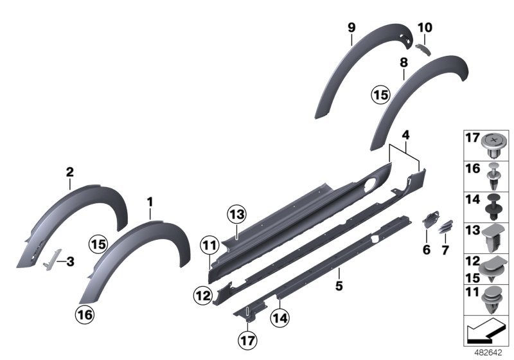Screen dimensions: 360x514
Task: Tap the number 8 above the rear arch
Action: click(403, 62)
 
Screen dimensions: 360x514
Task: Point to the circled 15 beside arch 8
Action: click(380, 94)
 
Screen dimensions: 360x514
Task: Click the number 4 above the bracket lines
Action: click(405, 136)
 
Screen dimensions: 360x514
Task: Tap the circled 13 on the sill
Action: click(236, 215)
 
